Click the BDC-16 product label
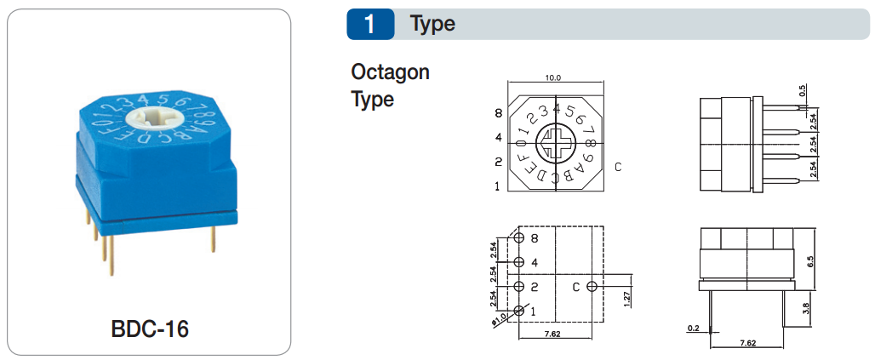(150, 329)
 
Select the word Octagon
(390, 71)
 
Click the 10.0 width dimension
(553, 77)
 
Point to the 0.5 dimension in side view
(803, 91)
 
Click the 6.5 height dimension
(811, 262)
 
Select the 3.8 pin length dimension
(811, 306)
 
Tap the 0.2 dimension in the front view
(692, 328)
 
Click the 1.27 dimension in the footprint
(627, 298)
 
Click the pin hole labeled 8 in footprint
(520, 239)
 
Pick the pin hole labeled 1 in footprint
(520, 311)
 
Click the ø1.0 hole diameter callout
(498, 317)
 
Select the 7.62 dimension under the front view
(747, 343)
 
